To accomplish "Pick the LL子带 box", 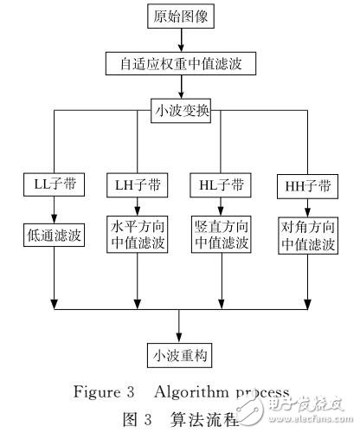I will pos(54,184).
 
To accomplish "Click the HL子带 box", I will pos(220,184).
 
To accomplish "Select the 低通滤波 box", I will pos(54,235).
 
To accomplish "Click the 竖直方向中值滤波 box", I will pos(220,235).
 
